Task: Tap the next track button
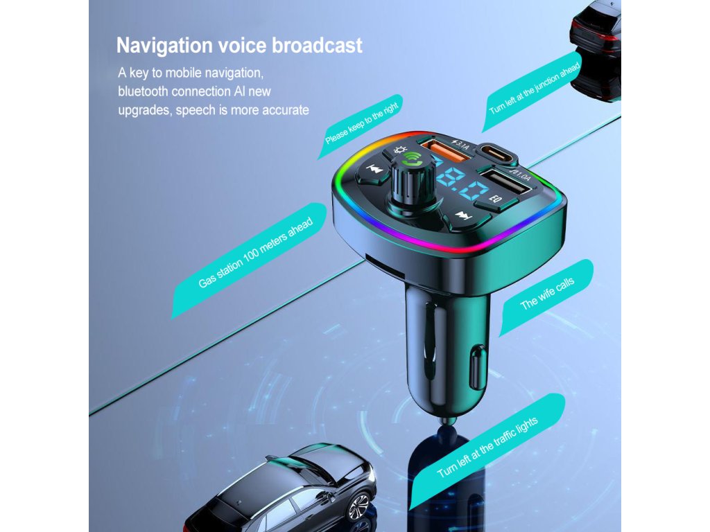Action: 463,217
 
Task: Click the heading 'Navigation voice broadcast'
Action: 239,46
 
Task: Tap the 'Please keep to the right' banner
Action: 363,123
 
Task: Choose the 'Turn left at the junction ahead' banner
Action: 530,91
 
